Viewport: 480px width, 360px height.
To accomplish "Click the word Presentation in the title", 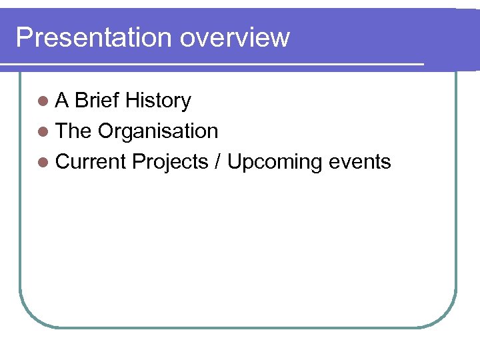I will coord(93,37).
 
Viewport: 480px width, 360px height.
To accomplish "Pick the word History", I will coord(158,101).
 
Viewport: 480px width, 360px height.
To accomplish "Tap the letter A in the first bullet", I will coord(63,101).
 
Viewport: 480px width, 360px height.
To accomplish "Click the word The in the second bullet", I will coord(73,131).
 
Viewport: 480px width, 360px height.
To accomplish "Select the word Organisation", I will coord(158,131).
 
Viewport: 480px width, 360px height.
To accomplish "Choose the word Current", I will coord(91,162).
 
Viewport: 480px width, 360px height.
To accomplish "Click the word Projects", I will coord(171,162).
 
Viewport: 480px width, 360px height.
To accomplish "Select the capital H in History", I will coord(131,101).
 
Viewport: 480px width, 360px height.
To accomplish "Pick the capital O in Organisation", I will coord(106,131).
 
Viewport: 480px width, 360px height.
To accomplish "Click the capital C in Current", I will coord(63,162).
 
